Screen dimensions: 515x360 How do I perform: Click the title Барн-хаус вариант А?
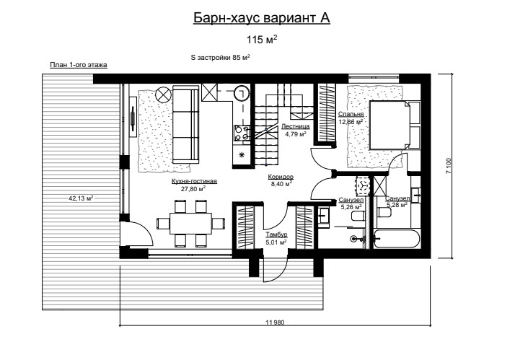pyautogui.click(x=261, y=18)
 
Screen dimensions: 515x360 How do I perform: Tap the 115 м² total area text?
pyautogui.click(x=262, y=40)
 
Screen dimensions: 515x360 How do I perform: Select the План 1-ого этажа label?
pyautogui.click(x=79, y=65)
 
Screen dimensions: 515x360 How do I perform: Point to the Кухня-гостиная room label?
pyautogui.click(x=194, y=181)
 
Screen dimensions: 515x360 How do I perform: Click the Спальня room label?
pyautogui.click(x=351, y=114)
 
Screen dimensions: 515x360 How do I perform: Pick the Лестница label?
pyautogui.click(x=296, y=126)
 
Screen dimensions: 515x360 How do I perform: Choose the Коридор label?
pyautogui.click(x=281, y=177)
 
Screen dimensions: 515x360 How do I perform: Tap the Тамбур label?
pyautogui.click(x=276, y=234)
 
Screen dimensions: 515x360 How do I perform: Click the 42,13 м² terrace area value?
pyautogui.click(x=81, y=198)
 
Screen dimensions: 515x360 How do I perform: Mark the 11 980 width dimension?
pyautogui.click(x=275, y=322)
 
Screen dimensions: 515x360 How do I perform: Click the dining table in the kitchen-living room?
pyautogui.click(x=191, y=224)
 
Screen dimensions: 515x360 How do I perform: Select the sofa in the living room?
pyautogui.click(x=185, y=125)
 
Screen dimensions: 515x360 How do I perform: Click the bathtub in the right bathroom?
pyautogui.click(x=397, y=239)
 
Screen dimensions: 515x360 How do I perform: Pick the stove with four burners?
pyautogui.click(x=242, y=133)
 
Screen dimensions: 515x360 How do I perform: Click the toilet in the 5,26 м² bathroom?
pyautogui.click(x=357, y=216)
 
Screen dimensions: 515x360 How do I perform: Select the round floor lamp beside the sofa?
pyautogui.click(x=163, y=95)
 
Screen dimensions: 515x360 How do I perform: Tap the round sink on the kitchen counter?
pyautogui.click(x=242, y=94)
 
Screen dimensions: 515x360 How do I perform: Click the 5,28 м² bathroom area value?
pyautogui.click(x=397, y=206)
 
